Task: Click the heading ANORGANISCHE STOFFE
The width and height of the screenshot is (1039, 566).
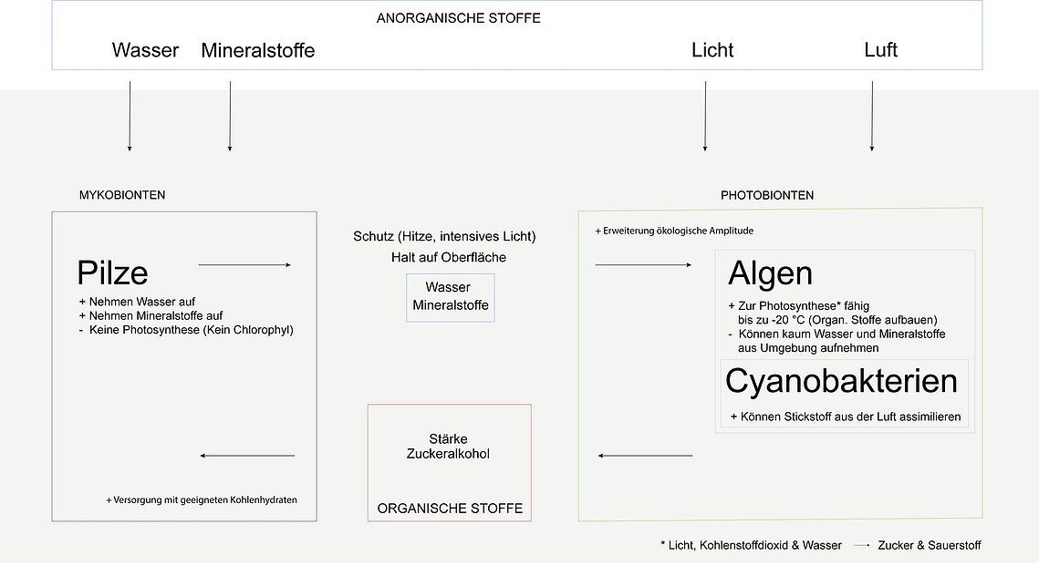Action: [x=459, y=18]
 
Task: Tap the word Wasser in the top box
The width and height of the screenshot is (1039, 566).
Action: [x=145, y=50]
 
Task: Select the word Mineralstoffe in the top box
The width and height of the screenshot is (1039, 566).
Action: [x=258, y=50]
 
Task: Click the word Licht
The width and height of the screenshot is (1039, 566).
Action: [x=712, y=50]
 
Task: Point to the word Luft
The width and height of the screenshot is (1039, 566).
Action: [x=880, y=49]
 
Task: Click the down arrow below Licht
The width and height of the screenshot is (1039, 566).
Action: [x=705, y=117]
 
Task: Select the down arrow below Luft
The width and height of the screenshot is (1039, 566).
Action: [x=872, y=117]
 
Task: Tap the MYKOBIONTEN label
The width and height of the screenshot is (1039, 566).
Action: [x=122, y=195]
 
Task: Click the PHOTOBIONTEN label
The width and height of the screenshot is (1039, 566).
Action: [x=767, y=195]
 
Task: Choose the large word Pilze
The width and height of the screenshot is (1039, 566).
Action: [x=112, y=273]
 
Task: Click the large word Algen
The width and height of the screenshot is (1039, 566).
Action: [x=770, y=273]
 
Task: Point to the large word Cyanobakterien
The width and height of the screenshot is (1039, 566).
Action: [x=842, y=381]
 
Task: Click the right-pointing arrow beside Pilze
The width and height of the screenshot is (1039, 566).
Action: [x=244, y=265]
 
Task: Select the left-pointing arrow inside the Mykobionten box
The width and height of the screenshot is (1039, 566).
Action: [x=247, y=456]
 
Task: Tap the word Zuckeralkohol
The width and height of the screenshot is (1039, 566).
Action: [x=448, y=454]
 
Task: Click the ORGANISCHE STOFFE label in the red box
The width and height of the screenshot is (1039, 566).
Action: [x=450, y=509]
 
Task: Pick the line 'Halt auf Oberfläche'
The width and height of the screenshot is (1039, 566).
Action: [x=449, y=258]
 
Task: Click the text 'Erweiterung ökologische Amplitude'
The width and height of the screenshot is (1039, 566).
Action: [x=678, y=231]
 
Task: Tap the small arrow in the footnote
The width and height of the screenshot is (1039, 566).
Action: [x=861, y=545]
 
